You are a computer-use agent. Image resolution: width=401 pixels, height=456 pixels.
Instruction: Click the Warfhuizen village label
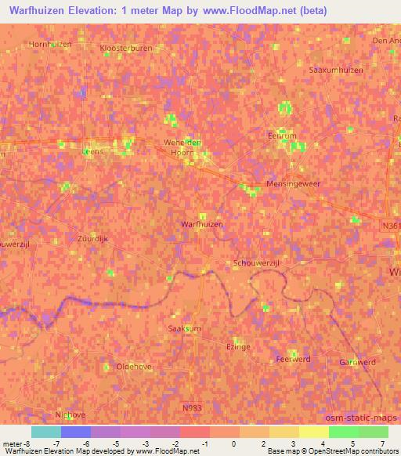[202, 225]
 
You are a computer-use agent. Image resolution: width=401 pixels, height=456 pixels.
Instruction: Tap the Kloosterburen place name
[126, 48]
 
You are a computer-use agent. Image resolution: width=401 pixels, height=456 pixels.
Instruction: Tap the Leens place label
[92, 153]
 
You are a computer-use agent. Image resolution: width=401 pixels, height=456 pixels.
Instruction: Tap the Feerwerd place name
[293, 359]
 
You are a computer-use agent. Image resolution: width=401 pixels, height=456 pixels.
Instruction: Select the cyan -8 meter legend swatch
[45, 432]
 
